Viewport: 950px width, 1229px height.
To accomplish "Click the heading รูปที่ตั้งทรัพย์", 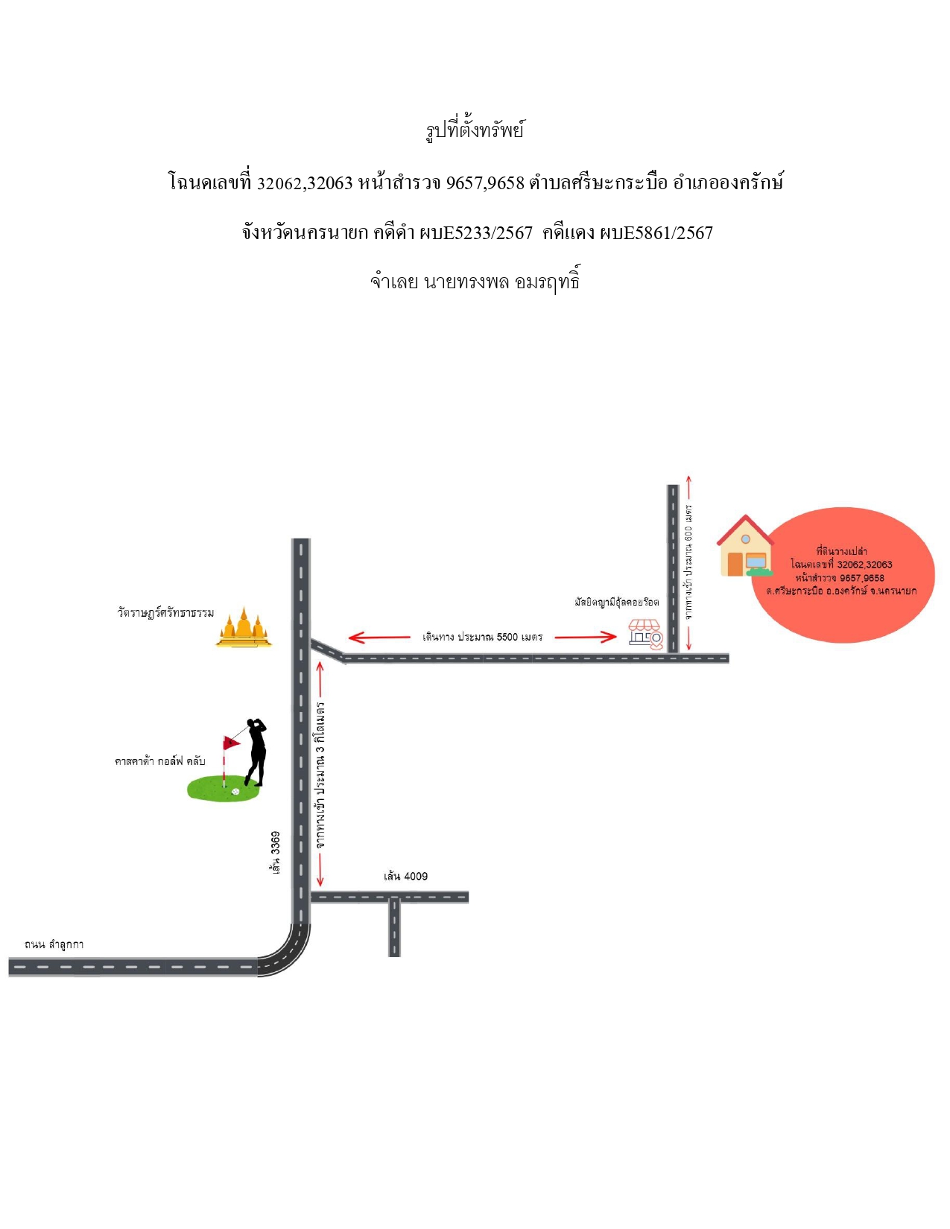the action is click(475, 130).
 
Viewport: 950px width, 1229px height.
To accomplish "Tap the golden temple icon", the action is click(244, 627).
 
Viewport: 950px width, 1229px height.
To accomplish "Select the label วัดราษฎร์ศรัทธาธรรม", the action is click(165, 612).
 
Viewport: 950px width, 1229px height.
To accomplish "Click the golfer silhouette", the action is click(256, 752).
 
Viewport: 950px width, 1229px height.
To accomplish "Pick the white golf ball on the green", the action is click(235, 791).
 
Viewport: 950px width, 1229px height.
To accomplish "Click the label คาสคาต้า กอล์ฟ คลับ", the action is click(159, 761).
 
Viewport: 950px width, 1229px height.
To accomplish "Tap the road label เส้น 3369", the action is click(276, 852).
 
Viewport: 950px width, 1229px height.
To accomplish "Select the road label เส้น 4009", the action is click(405, 876).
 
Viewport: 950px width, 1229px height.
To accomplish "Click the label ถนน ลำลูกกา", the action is click(54, 944).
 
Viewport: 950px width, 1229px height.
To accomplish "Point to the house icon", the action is click(745, 546).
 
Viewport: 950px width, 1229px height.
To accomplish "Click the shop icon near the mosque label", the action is click(645, 634).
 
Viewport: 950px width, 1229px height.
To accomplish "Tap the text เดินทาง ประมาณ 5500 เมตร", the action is click(482, 637).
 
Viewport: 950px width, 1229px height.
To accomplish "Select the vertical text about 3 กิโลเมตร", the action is click(320, 775).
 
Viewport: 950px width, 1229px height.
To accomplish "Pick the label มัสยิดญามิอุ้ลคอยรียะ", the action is click(617, 603).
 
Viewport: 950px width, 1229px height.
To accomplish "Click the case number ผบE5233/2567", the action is click(476, 233).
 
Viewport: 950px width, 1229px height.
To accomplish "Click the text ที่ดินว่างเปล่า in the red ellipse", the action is click(841, 551).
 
